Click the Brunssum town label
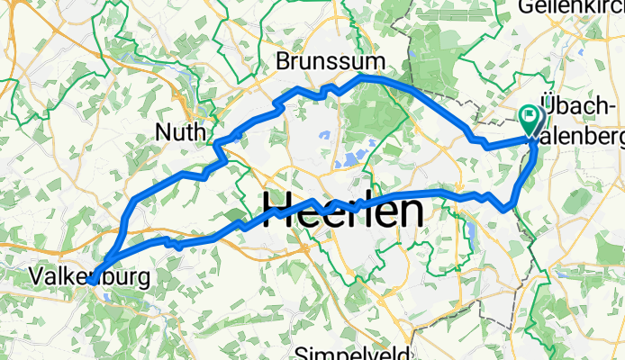coord(330,62)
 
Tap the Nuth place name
coord(180,132)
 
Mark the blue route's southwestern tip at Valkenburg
coord(92,282)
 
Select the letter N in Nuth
coord(162,132)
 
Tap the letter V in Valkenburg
coord(35,273)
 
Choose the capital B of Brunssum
coord(284,62)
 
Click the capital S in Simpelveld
coord(304,352)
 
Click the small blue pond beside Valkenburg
coord(109,292)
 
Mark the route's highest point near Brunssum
coord(363,77)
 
